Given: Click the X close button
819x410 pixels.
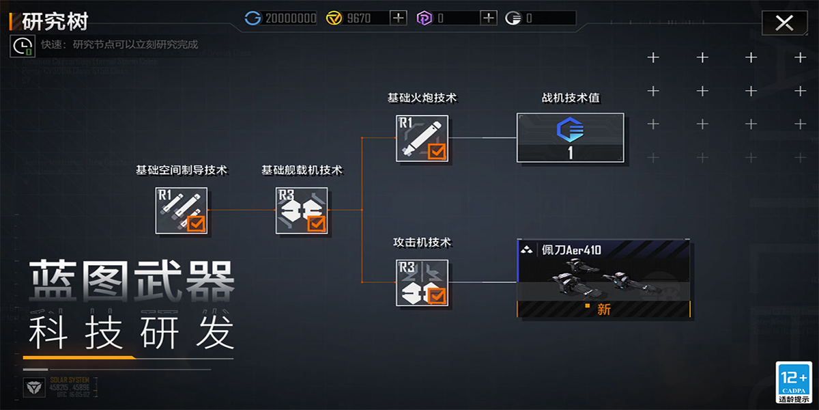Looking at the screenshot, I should [x=784, y=23].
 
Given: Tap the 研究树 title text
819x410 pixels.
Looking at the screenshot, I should [x=55, y=21].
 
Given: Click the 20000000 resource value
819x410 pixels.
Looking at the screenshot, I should [x=291, y=18].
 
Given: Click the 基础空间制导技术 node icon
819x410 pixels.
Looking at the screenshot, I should [x=181, y=210].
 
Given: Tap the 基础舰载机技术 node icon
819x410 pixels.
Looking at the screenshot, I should [x=302, y=210].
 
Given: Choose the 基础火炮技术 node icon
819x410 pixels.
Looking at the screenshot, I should [x=422, y=138].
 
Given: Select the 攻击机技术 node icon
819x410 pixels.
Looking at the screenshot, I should [x=422, y=283].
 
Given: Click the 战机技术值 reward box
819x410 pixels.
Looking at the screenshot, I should [x=571, y=138].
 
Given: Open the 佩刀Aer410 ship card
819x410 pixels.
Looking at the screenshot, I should [x=604, y=279].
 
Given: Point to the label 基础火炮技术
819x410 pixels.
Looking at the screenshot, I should [x=422, y=98].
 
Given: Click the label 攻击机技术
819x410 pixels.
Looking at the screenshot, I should [x=422, y=243].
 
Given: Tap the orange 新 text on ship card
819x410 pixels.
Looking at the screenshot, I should [x=603, y=310].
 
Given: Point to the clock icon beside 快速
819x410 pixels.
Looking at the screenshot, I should [x=23, y=45].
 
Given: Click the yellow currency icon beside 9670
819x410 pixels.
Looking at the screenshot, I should [x=334, y=18].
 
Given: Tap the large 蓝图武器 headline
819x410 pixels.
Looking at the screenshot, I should [x=132, y=281].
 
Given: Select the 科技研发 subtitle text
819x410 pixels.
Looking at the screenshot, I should [x=132, y=333].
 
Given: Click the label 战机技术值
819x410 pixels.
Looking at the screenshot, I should [x=571, y=98].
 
